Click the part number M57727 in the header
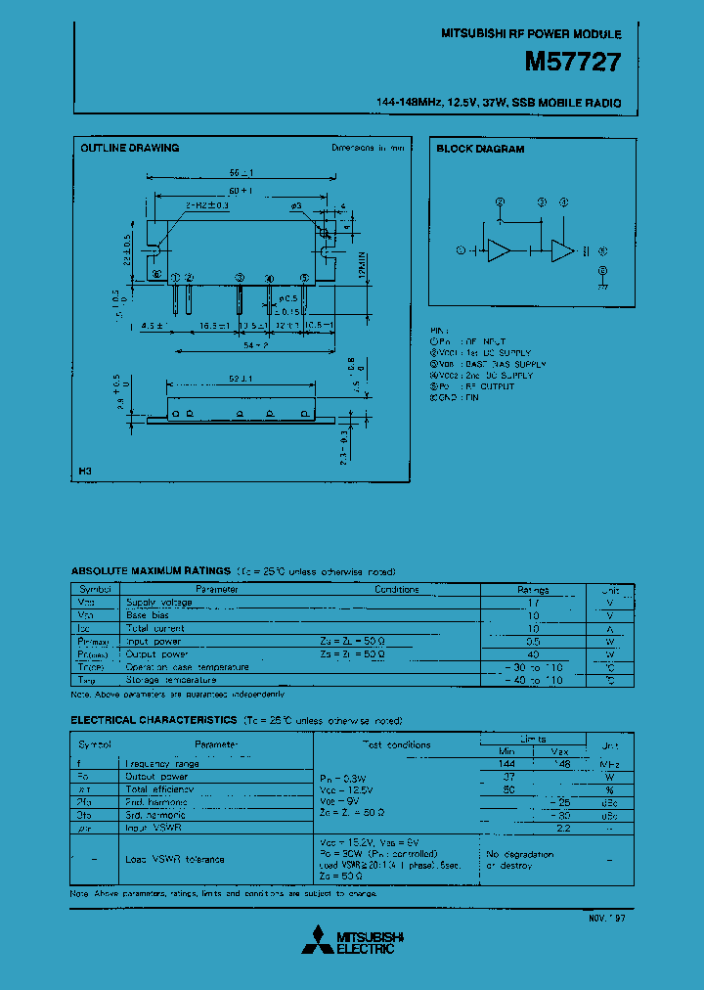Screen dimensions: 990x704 point(572,63)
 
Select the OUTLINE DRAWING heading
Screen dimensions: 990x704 point(129,148)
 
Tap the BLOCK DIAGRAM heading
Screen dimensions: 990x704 point(480,150)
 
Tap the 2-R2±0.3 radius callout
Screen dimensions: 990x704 point(205,205)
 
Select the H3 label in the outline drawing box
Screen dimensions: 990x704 point(85,472)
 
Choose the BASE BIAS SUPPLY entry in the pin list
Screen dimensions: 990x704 point(505,364)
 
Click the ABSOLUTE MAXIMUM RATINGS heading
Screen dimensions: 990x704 point(151,570)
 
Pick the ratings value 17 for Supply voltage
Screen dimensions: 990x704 point(533,603)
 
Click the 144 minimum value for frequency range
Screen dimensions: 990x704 point(506,763)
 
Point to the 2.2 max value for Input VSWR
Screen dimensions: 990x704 point(562,827)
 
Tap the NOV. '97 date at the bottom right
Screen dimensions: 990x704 point(607,919)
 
